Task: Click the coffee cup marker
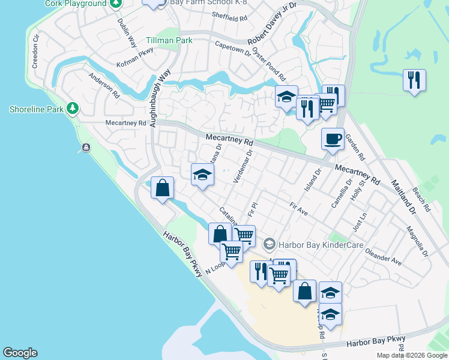(333, 140)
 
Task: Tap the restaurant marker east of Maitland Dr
(414, 81)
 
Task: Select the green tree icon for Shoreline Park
(73, 108)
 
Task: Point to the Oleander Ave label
(384, 257)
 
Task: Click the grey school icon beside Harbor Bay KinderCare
(270, 243)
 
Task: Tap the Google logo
(20, 353)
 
